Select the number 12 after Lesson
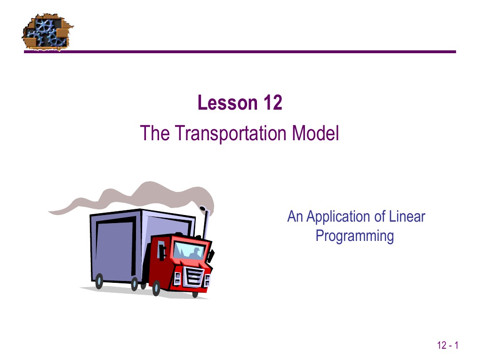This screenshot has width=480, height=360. [x=272, y=103]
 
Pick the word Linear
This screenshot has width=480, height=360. [x=408, y=217]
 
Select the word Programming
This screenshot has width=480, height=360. [x=354, y=235]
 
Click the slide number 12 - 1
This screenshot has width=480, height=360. [x=448, y=346]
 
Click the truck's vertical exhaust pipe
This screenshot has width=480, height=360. [x=205, y=226]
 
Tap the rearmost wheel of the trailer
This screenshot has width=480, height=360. [x=99, y=281]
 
